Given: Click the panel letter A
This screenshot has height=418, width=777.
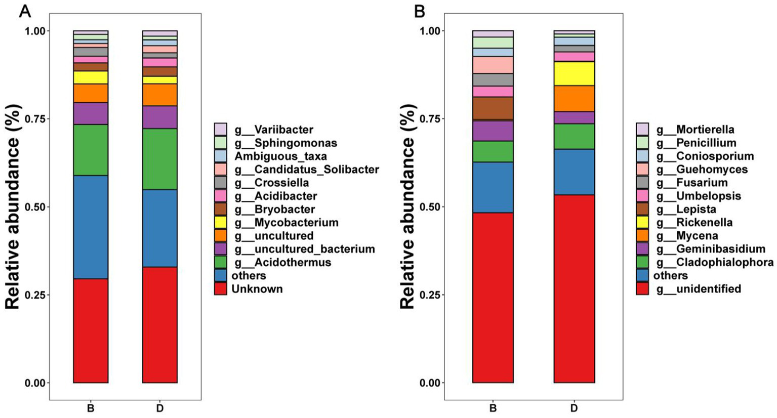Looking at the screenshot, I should [25, 11].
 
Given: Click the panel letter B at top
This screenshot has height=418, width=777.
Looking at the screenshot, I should [420, 11].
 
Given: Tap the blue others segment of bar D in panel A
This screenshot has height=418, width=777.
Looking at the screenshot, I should [160, 228].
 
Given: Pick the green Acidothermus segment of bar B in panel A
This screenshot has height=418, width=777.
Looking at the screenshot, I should [91, 150].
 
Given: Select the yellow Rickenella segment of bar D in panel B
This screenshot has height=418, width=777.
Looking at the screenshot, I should [574, 73].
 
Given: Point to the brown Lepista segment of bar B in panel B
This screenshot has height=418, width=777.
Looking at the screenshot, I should [493, 108].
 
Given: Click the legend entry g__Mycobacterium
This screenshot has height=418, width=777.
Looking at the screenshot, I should [286, 223].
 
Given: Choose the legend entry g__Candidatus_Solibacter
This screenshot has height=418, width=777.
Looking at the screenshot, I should [306, 170].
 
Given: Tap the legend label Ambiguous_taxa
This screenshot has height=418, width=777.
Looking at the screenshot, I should [280, 156].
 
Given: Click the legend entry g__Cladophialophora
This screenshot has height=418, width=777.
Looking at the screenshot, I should [714, 262].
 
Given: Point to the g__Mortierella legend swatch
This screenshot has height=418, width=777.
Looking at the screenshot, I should [642, 130].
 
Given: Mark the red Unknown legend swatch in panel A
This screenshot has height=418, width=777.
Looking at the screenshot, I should [220, 289].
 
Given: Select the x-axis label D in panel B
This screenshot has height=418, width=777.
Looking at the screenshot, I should [574, 408].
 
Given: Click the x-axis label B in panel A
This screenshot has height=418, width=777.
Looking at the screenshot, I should [91, 408].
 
